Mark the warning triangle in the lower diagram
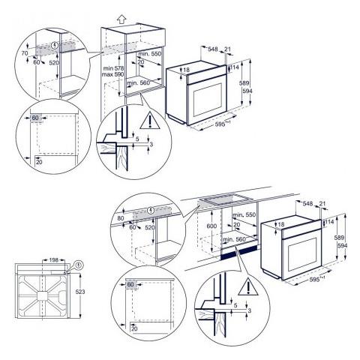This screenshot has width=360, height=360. [245, 286]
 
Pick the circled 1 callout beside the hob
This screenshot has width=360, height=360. [80, 264]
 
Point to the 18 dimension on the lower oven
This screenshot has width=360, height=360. [281, 224]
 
